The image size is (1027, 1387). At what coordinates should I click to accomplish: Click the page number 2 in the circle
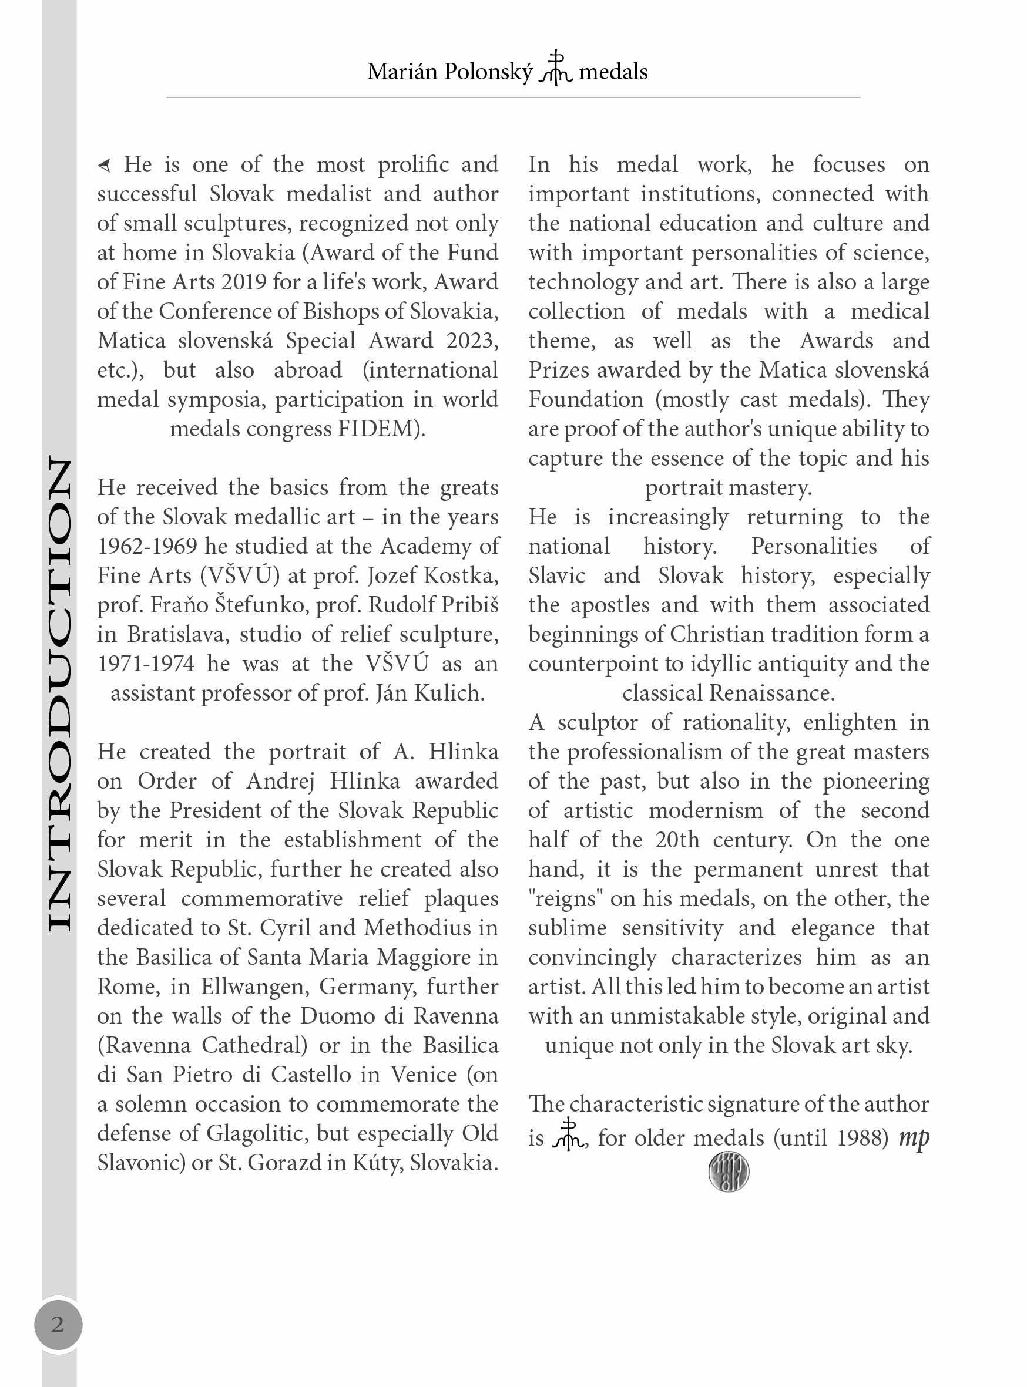click(x=58, y=1324)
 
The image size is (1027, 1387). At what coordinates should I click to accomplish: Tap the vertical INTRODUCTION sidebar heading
click(x=59, y=694)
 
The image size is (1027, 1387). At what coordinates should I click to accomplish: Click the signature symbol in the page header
click(x=555, y=68)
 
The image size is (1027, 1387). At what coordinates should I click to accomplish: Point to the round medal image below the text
click(x=728, y=1171)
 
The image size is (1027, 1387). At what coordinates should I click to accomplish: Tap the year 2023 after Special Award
click(x=472, y=341)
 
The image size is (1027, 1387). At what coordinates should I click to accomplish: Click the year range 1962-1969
click(x=147, y=546)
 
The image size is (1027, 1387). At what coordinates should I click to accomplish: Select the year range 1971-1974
click(x=146, y=664)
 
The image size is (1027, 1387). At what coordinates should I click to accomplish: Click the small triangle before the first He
click(x=105, y=165)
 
